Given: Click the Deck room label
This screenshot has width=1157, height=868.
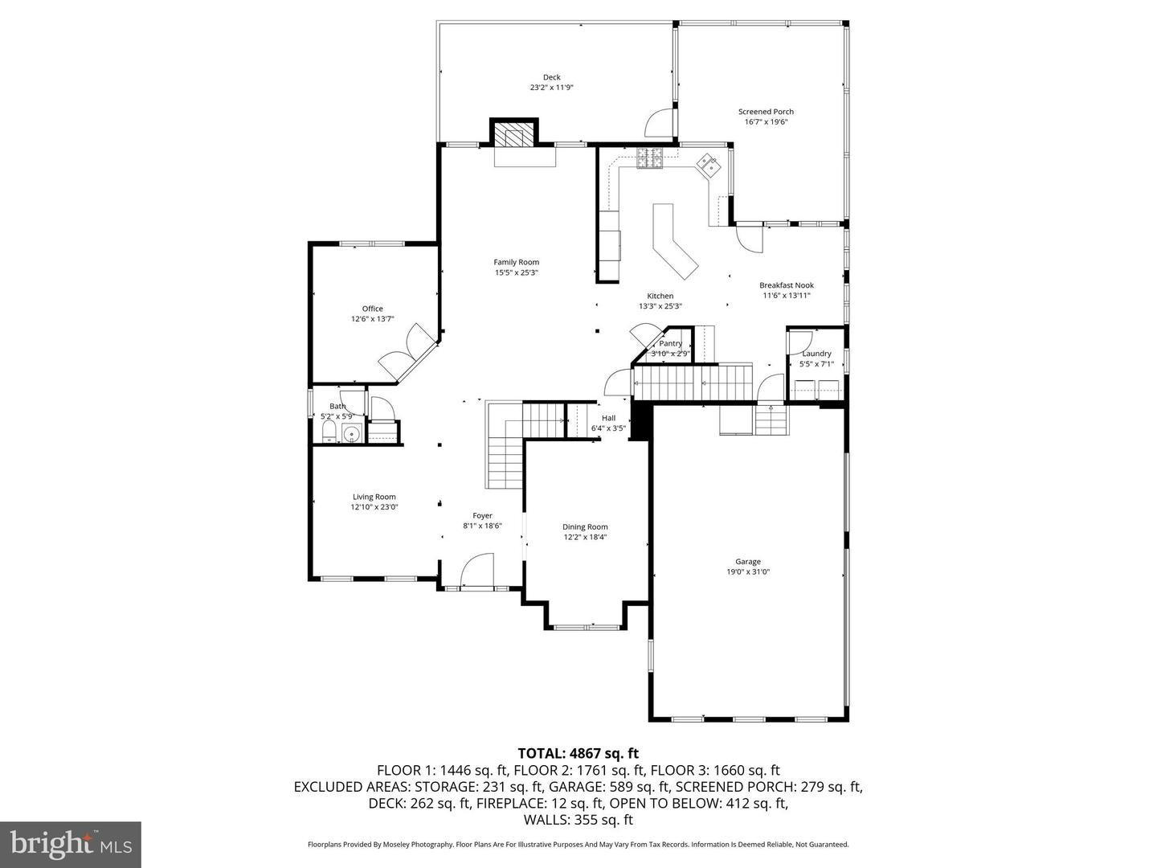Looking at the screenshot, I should click(551, 77).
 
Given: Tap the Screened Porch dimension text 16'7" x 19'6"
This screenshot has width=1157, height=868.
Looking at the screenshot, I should click(766, 122).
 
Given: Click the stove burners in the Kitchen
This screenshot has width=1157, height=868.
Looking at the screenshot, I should click(649, 158).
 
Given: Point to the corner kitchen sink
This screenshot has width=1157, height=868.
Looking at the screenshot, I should click(708, 166).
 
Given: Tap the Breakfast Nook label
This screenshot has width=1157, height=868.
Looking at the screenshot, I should click(787, 285).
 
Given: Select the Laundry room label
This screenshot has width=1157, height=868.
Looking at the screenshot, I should click(816, 354).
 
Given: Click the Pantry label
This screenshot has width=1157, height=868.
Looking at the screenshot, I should click(670, 343).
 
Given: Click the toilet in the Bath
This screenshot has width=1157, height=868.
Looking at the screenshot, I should click(329, 435).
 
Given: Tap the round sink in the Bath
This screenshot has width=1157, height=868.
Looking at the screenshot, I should click(351, 435).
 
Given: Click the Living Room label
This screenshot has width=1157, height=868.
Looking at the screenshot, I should click(374, 497).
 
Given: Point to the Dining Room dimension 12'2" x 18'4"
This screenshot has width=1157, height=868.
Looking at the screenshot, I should click(585, 537).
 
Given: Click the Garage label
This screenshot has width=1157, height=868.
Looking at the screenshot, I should click(747, 562).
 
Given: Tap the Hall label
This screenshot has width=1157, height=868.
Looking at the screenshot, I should click(608, 418).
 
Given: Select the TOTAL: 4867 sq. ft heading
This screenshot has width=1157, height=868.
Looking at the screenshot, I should click(578, 753).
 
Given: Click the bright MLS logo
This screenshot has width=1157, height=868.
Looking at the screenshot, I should click(71, 843).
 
